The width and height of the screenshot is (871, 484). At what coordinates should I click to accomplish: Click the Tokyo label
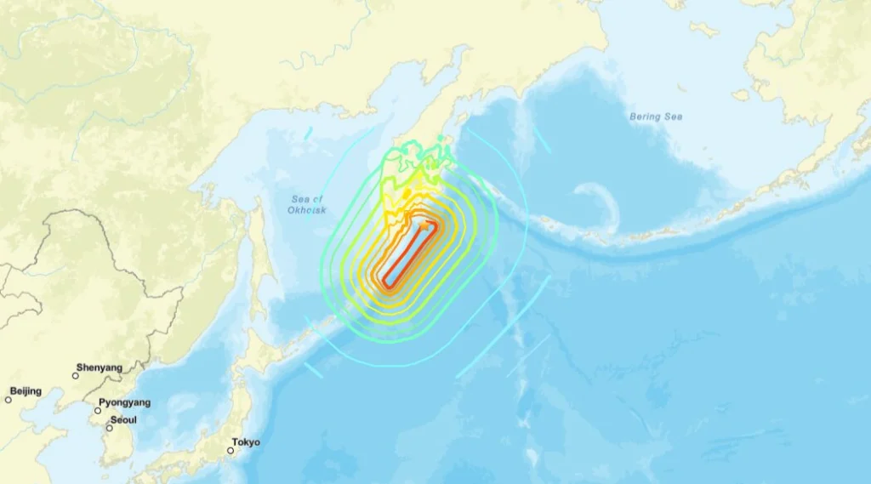coord(246,442)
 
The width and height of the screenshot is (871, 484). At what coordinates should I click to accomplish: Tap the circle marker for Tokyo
coord(231,450)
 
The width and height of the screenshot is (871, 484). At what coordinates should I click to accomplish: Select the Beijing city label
coord(26,391)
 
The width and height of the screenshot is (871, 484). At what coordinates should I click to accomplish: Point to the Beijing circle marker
coord(9,399)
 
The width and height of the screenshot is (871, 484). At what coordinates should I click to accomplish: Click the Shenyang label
coord(99,367)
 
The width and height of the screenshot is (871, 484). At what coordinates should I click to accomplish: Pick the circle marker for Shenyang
coord(75,375)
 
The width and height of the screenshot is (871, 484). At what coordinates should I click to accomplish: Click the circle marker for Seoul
coord(109,427)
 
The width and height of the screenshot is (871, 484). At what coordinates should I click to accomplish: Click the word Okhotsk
coord(307,209)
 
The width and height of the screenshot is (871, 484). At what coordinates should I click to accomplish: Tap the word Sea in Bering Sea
coord(673,117)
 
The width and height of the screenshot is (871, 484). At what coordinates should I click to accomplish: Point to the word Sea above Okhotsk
coord(301,199)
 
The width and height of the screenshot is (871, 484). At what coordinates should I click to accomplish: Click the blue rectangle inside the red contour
coord(409,253)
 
